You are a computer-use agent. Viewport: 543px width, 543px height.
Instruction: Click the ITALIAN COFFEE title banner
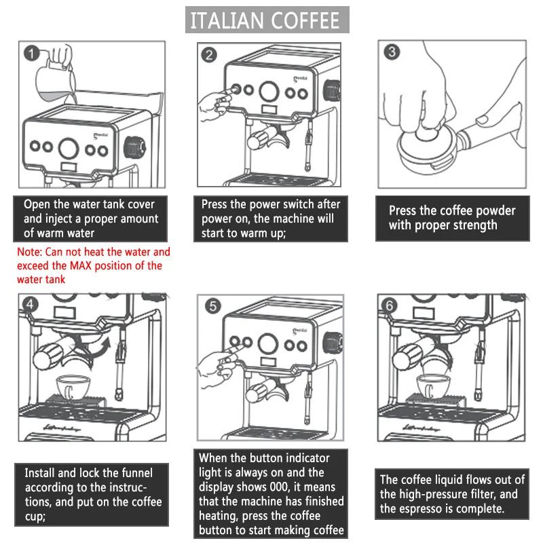(x=267, y=20)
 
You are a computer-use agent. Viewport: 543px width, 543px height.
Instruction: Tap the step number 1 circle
(x=31, y=53)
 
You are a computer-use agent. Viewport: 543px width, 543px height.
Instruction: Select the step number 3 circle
(x=391, y=52)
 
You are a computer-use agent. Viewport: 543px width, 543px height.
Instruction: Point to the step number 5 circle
(x=213, y=306)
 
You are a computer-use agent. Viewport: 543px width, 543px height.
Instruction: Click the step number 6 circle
(x=390, y=305)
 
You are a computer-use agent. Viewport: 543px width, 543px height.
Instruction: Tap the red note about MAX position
(x=93, y=265)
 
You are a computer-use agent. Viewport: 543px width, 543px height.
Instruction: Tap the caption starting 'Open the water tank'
(x=90, y=219)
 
